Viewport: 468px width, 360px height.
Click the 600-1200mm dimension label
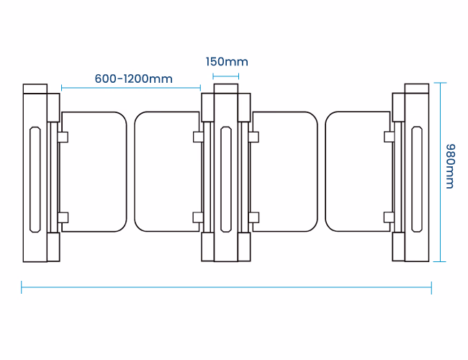(133, 78)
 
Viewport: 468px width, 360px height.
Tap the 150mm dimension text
(226, 62)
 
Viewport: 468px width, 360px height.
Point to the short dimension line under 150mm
(226, 75)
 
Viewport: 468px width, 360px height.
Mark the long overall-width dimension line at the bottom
(226, 287)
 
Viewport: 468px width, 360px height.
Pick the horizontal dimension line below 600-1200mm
(130, 88)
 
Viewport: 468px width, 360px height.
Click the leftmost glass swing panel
(94, 171)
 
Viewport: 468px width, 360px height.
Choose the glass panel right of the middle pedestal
(285, 171)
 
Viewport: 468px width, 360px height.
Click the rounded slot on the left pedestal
(35, 178)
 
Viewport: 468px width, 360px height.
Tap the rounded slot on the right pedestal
(416, 178)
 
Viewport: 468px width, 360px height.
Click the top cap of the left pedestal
(35, 89)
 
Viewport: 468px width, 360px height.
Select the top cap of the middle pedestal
(226, 89)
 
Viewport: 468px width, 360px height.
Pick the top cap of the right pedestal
(416, 89)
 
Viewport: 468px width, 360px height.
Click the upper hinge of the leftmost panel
(63, 136)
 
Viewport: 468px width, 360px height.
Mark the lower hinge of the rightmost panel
(389, 217)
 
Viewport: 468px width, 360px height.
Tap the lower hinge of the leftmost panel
(63, 217)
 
